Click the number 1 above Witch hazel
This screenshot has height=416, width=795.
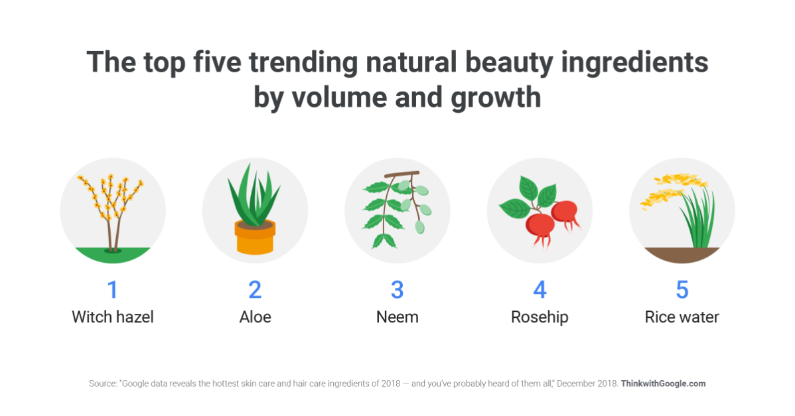(x=113, y=290)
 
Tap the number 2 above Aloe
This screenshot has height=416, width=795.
(x=255, y=290)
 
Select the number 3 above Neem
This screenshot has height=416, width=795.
(x=397, y=290)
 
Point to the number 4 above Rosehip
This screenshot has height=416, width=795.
(x=540, y=290)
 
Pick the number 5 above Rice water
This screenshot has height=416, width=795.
(x=682, y=290)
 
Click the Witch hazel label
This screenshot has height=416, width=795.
(x=113, y=317)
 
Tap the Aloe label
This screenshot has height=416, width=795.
(x=255, y=317)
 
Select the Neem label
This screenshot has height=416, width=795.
(x=397, y=317)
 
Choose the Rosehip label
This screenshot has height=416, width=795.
(x=540, y=318)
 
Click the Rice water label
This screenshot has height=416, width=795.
(x=682, y=317)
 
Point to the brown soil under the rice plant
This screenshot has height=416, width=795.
(x=682, y=255)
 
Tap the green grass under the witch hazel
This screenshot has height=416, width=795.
(x=113, y=255)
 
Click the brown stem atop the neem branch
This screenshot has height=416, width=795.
(x=402, y=174)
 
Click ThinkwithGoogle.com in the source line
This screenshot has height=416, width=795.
(x=663, y=383)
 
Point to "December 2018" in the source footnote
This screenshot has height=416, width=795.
(x=588, y=383)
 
